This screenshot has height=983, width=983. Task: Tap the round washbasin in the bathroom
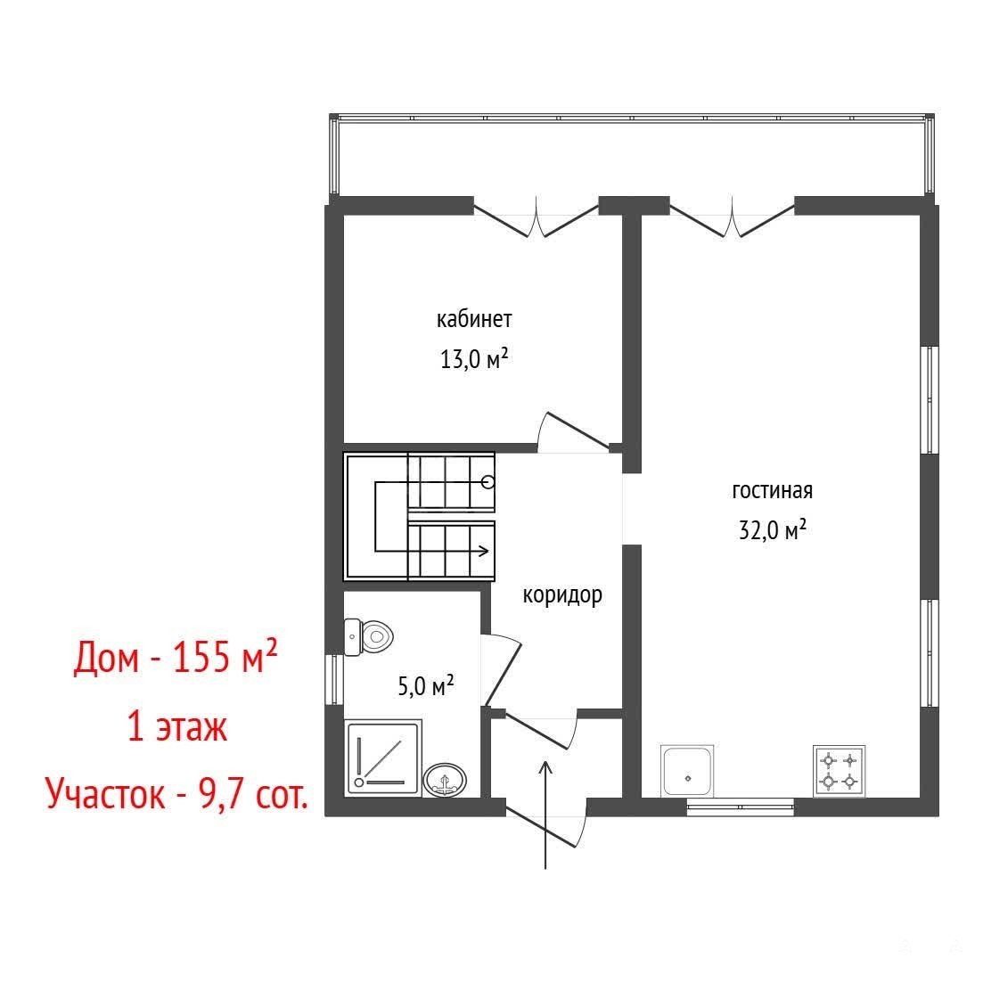coord(445,780)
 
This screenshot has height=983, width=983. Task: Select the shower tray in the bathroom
coord(383,758)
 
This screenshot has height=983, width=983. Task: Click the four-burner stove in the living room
coord(839,771)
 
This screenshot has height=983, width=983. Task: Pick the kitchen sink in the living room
coord(687,771)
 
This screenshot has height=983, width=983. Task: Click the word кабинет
coord(474,319)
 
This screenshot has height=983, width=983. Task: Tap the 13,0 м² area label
coord(474,359)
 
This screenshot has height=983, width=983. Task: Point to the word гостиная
coord(773,490)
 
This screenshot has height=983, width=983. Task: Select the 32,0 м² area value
coord(773,530)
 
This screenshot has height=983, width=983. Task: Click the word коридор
coord(562,595)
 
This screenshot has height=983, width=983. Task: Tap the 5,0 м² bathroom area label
coord(426,686)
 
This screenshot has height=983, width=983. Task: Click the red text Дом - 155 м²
coord(176,657)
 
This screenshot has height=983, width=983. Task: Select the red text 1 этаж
coord(177,727)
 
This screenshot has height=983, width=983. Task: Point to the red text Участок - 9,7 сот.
coord(177,794)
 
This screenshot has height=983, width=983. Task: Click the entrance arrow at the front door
coord(545,815)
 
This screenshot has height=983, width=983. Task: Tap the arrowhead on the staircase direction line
coord(484,552)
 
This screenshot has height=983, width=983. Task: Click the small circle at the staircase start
coord(488,482)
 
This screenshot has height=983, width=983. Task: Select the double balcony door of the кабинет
coord(536,217)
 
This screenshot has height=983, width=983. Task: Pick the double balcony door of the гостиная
coord(733,217)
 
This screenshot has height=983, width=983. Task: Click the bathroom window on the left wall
coord(334,679)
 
